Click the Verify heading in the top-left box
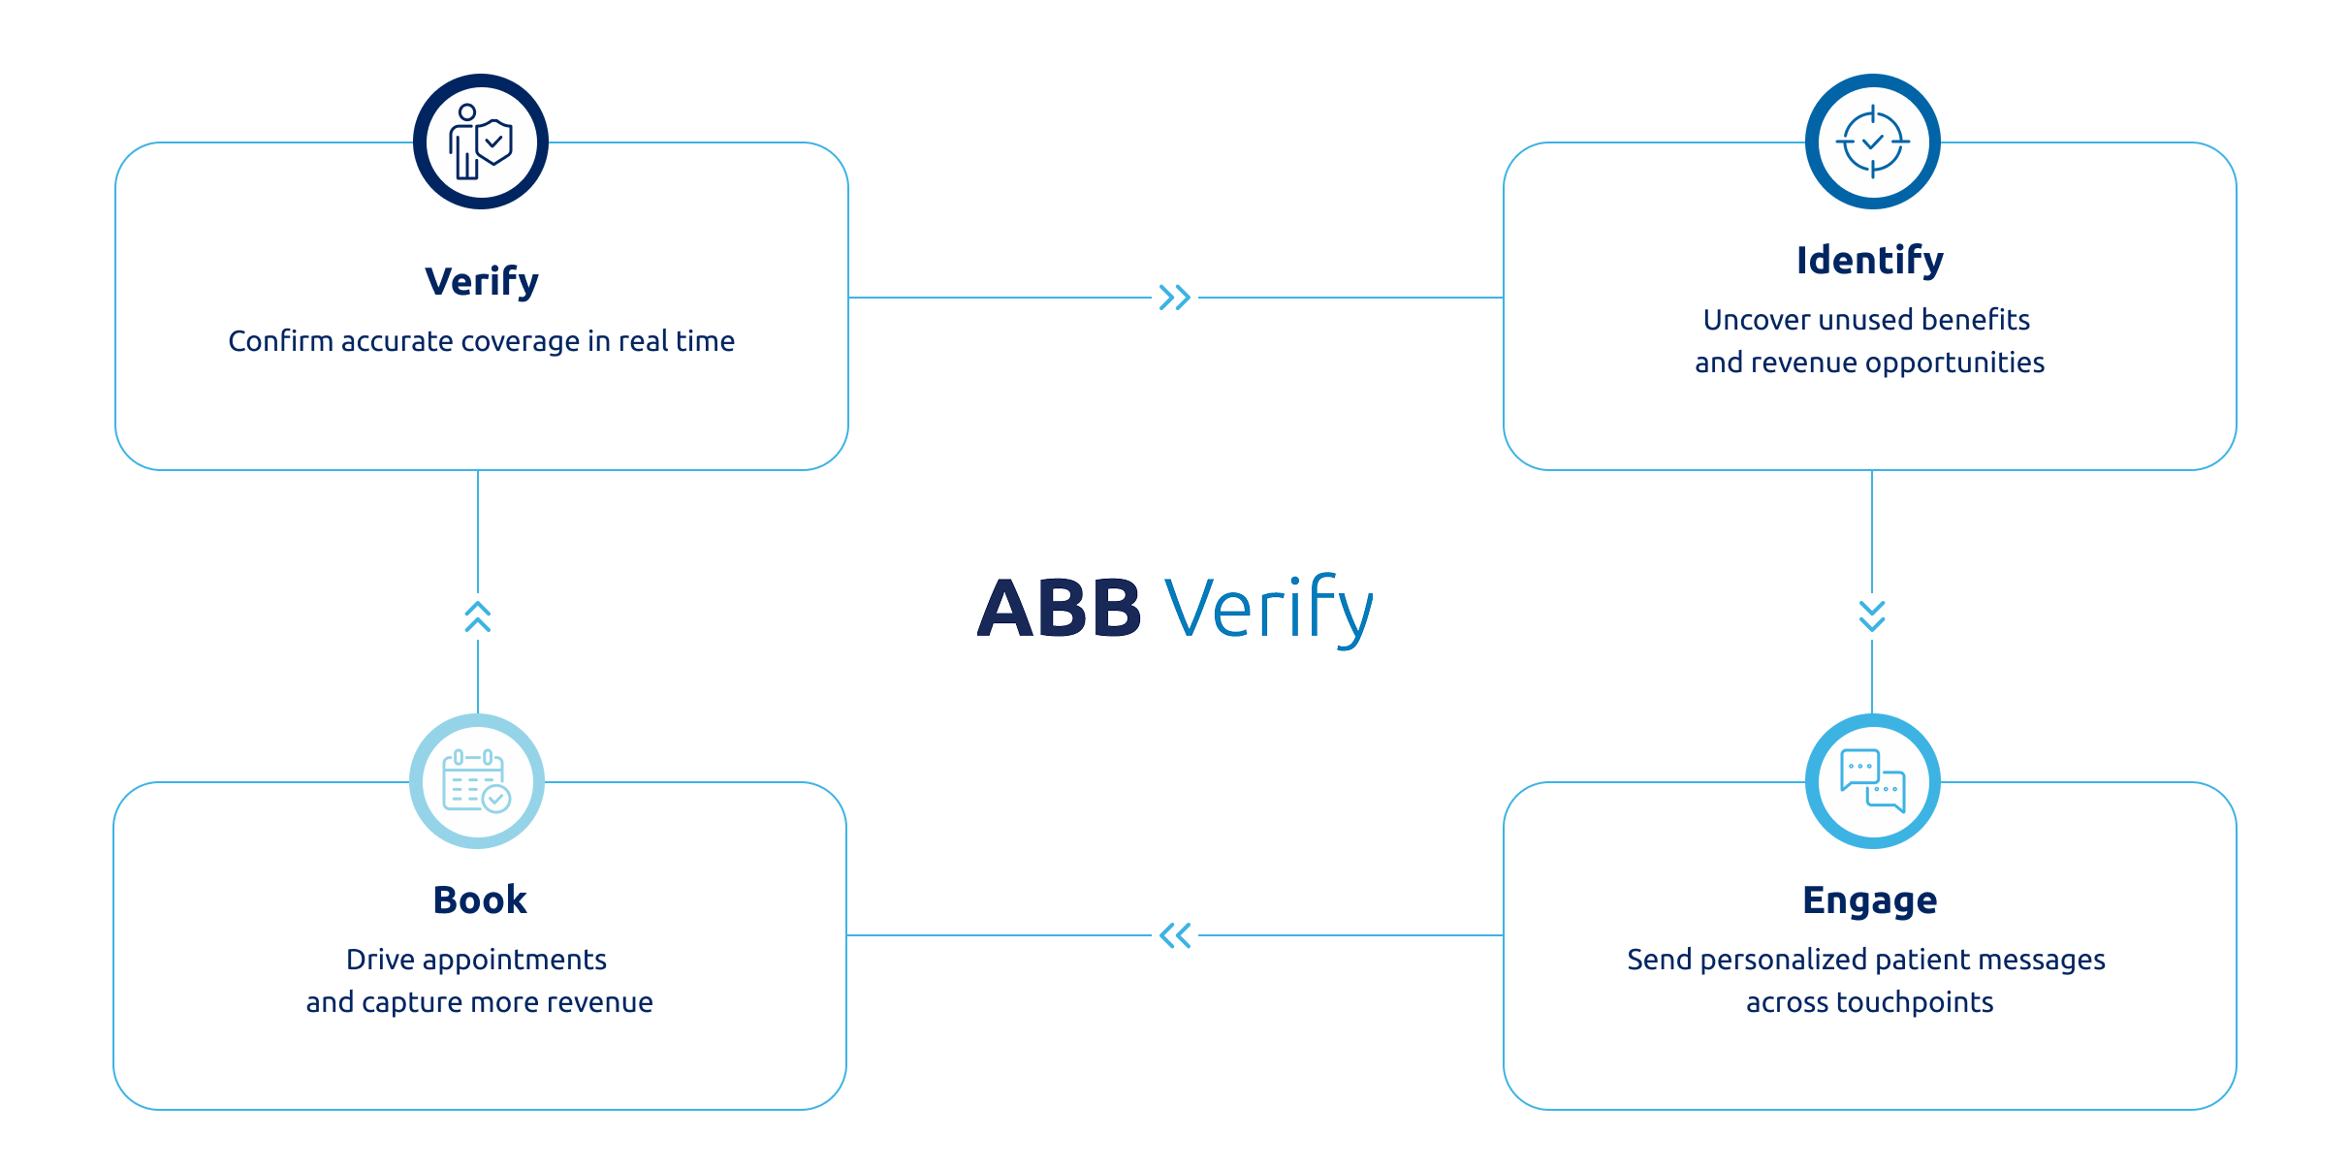pyautogui.click(x=482, y=282)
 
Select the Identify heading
pyautogui.click(x=1870, y=261)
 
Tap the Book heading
pyautogui.click(x=480, y=900)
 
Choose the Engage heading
pyautogui.click(x=1870, y=901)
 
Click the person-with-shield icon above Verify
pyautogui.click(x=481, y=142)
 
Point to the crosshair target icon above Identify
pyautogui.click(x=1873, y=142)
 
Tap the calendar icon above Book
pyautogui.click(x=476, y=781)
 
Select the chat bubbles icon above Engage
pyautogui.click(x=1873, y=781)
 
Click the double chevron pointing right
pyautogui.click(x=1175, y=298)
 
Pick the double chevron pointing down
pyautogui.click(x=1872, y=615)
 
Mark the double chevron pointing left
pyautogui.click(x=1175, y=935)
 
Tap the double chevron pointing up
pyautogui.click(x=478, y=616)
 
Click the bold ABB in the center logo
pyautogui.click(x=1060, y=609)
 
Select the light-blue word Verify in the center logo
pyautogui.click(x=1269, y=609)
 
